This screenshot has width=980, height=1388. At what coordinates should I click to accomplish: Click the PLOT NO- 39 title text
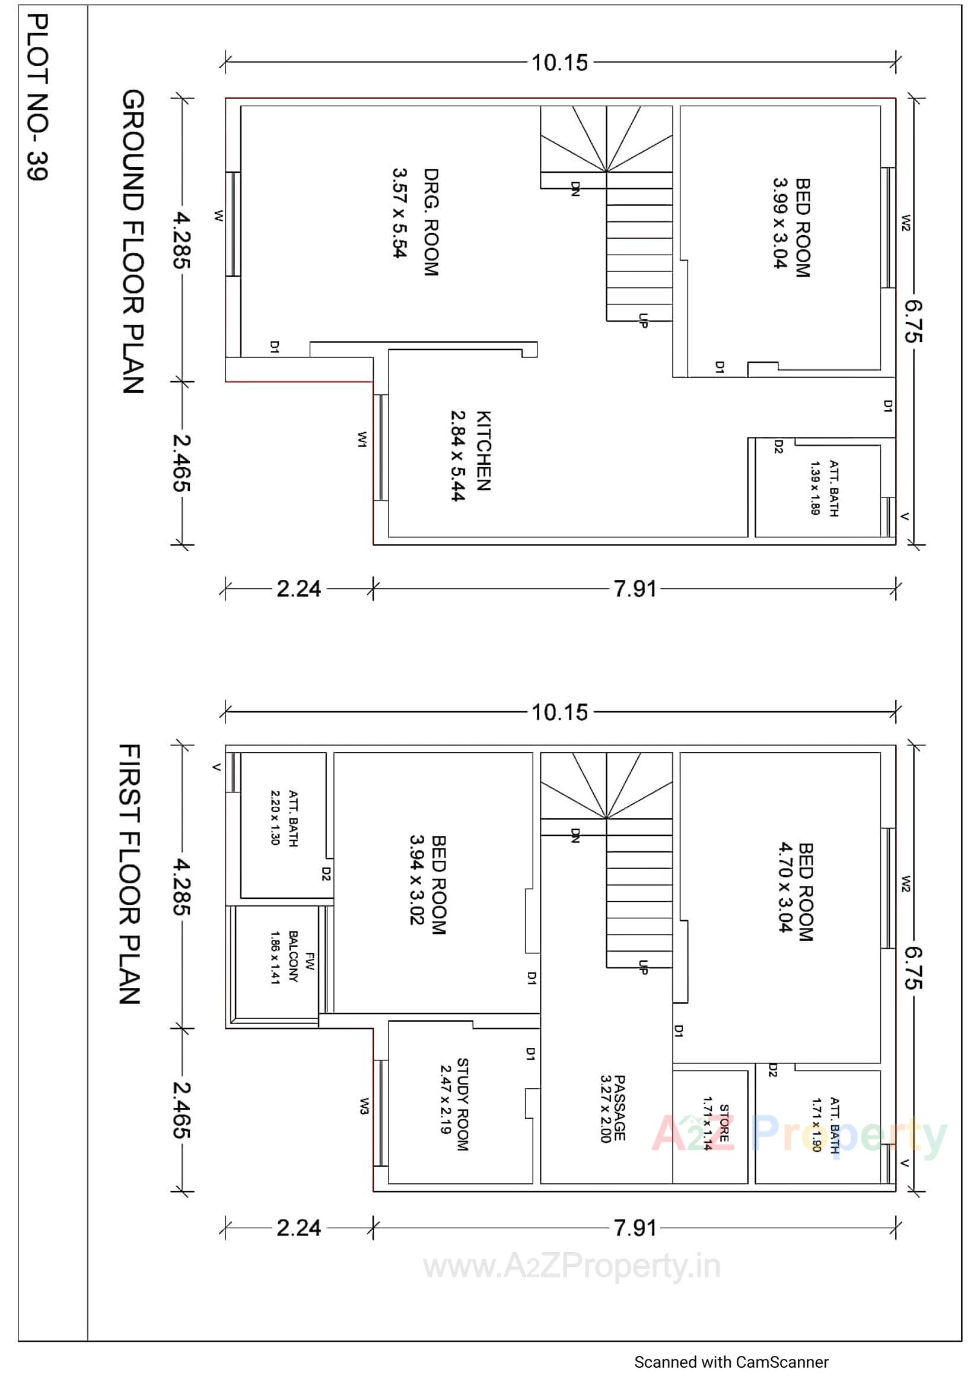click(37, 97)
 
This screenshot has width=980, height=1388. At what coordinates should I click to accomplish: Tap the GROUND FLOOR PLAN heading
click(133, 242)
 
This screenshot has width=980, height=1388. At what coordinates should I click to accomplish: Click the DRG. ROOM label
click(430, 223)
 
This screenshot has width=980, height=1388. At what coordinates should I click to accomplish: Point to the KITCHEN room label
click(483, 451)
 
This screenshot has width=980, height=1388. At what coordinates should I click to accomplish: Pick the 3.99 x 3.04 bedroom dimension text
click(781, 223)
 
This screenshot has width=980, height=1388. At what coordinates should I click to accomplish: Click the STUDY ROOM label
click(462, 1104)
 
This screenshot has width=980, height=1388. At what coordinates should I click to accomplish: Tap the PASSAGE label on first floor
click(619, 1108)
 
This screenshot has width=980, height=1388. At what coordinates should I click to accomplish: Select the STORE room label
click(724, 1123)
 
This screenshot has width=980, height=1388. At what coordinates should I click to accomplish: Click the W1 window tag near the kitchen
click(362, 439)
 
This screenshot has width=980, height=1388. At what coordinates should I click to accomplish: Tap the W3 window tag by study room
click(364, 1106)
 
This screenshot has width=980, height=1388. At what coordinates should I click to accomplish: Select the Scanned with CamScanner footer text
click(731, 1362)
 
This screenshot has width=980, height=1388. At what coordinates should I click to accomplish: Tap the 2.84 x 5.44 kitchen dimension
click(458, 456)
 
